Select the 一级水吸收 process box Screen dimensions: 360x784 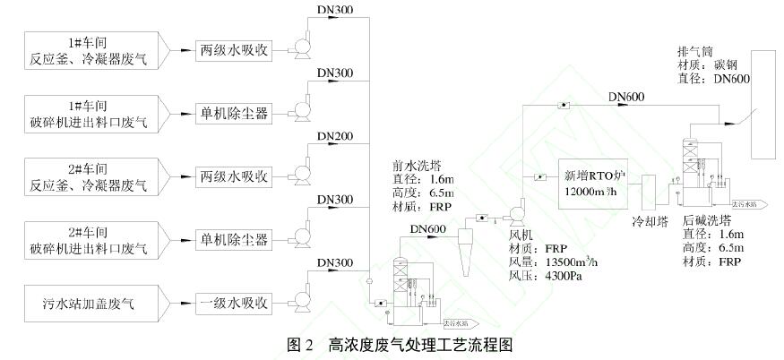(233, 303)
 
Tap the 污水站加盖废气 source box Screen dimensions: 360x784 (90, 304)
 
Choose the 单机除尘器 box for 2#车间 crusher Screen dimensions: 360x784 (233, 239)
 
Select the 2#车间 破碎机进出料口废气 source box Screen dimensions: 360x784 (90, 239)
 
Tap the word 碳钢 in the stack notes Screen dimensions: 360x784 (717, 65)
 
